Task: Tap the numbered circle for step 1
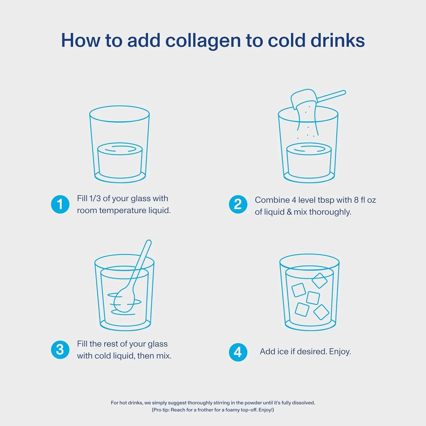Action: tap(60, 204)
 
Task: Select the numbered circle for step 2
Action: tap(238, 204)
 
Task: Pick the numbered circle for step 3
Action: tap(60, 350)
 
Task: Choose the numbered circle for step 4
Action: tap(238, 352)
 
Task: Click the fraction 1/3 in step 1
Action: tap(95, 198)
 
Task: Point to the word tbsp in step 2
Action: tap(326, 200)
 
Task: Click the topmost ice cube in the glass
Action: tap(319, 281)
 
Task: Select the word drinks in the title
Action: tap(338, 40)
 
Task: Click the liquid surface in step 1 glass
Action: tap(120, 149)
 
